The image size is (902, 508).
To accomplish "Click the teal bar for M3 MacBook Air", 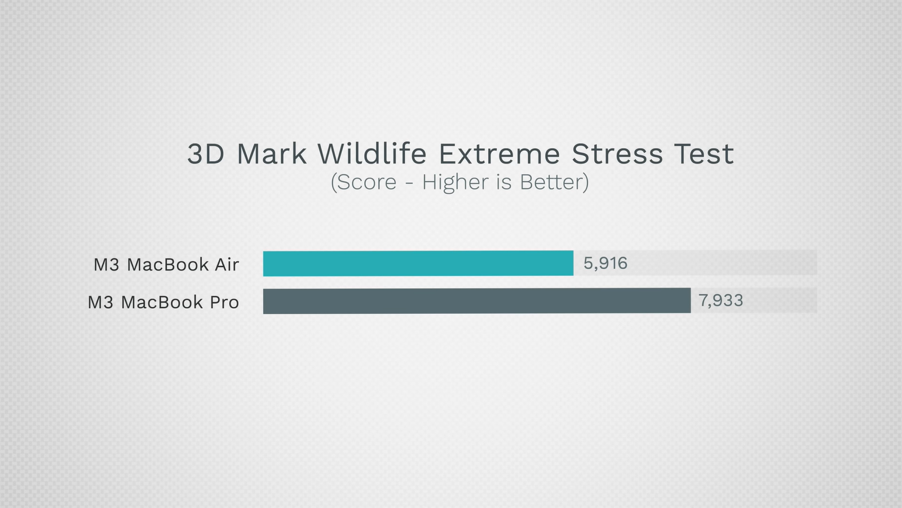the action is [418, 263].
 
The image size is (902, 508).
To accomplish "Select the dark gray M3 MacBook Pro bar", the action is [477, 301].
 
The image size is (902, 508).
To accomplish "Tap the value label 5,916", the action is [605, 263].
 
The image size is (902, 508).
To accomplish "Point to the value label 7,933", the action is [720, 300].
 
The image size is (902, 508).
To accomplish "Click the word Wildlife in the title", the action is [372, 154].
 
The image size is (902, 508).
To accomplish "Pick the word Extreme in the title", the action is [499, 154].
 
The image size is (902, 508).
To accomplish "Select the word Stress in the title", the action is [617, 154].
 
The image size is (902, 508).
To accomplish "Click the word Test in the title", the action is [704, 154].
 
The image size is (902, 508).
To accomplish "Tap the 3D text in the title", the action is [206, 154].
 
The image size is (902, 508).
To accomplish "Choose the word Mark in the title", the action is [271, 154].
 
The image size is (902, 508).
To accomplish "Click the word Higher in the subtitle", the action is [455, 182].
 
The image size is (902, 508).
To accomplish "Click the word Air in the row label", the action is [227, 265].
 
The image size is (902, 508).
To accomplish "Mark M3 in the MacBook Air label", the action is [107, 265].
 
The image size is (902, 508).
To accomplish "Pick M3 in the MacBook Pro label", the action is [100, 303].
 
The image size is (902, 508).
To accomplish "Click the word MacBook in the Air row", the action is [167, 265].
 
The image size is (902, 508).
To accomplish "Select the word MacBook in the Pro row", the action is [162, 303].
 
